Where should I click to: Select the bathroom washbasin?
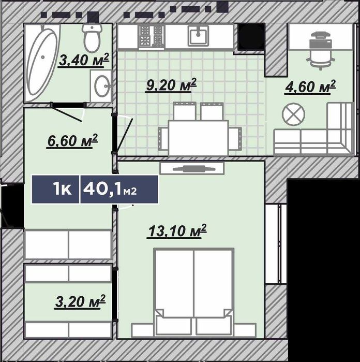pos(102,86)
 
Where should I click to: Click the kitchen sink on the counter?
pos(198,35)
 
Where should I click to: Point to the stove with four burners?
pos(152,36)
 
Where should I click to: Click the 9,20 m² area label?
pos(171,85)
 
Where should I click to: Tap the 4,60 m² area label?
pos(310,87)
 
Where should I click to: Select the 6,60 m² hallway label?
pos(72,141)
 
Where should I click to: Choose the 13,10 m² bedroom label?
pos(177,230)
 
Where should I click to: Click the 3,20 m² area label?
pos(80,301)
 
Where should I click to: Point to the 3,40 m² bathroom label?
pos(83,60)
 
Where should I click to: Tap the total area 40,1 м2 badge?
pos(119,190)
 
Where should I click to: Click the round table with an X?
pos(293,114)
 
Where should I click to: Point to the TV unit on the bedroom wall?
pos(192,168)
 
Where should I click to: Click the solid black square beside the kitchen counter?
pos(251,37)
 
